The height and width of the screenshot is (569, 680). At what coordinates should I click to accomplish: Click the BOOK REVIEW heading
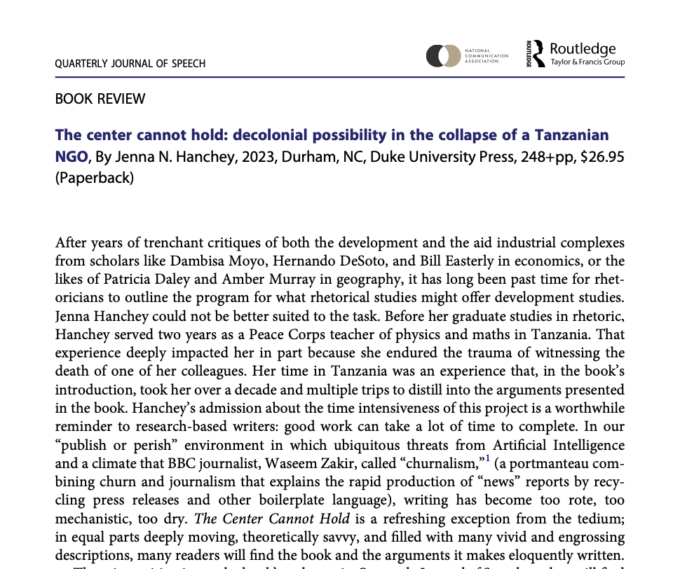[100, 99]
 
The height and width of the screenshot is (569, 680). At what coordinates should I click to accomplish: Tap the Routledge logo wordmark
[583, 49]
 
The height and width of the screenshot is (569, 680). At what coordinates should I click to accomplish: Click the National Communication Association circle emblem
[443, 55]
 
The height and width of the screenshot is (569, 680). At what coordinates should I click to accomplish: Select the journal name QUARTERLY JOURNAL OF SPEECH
[130, 64]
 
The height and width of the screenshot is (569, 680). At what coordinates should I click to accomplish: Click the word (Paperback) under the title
[94, 177]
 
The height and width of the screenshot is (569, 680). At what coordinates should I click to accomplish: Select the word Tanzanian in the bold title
[573, 135]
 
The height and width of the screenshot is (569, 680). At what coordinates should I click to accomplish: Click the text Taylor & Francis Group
[587, 62]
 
